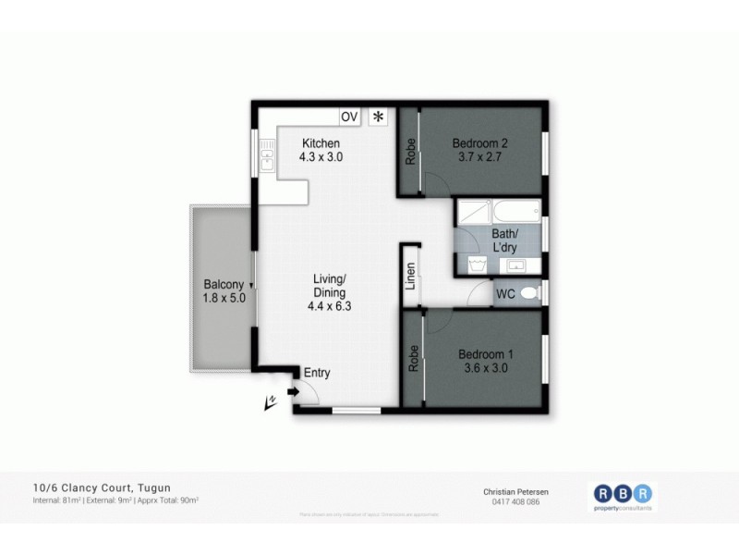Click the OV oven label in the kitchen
point(349,117)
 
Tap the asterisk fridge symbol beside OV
point(378,117)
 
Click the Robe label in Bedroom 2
point(410,152)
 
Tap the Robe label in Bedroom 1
point(413,358)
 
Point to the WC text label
point(505,294)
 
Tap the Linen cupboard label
point(411,277)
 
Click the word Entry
point(317,373)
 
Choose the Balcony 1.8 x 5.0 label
point(224,291)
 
